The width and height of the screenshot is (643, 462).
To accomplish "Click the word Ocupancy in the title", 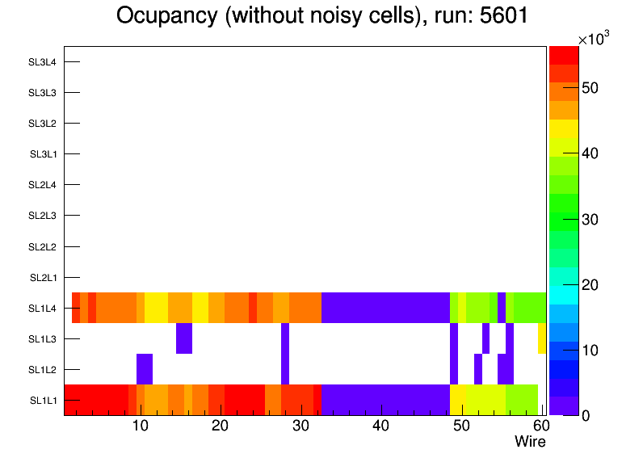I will [166, 15].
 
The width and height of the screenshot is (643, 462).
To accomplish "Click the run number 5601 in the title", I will [501, 15].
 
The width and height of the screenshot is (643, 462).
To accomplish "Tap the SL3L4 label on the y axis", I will [43, 62].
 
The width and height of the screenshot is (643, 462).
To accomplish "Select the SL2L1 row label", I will [43, 278].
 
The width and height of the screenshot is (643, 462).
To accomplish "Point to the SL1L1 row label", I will [43, 401].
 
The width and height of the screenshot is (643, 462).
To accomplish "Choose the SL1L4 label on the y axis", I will [43, 309].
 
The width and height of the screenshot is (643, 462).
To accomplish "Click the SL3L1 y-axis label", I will [43, 154].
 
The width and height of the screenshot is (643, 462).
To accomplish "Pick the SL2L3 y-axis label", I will [43, 216].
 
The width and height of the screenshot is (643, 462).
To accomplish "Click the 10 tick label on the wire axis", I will [140, 426].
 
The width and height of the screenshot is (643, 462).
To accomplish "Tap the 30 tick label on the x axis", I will [300, 426].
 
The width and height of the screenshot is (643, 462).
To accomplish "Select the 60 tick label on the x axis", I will [540, 426].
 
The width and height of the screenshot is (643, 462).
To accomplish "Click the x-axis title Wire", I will [530, 442].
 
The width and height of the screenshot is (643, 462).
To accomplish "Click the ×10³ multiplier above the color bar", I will [593, 39].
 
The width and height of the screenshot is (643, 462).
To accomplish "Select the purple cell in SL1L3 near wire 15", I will [184, 338].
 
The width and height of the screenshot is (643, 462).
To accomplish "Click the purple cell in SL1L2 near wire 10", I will [145, 369].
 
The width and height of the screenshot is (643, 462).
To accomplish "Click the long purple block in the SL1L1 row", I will [385, 400].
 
